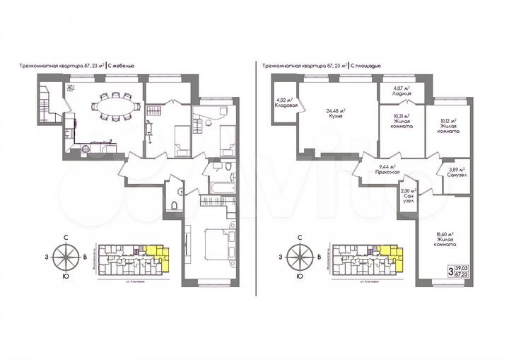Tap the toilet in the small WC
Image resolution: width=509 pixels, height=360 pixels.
click(173, 205)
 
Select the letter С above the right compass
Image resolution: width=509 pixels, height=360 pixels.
click(300, 238)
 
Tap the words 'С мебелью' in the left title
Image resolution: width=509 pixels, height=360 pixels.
click(122, 65)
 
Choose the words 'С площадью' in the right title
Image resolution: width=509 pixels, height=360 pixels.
click(366, 65)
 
